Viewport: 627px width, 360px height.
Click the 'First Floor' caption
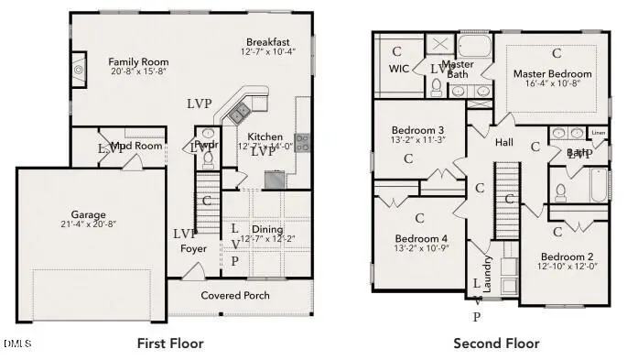click(170, 344)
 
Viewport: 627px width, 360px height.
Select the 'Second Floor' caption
click(496, 344)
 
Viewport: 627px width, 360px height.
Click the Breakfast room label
click(267, 42)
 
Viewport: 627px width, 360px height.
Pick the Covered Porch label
click(236, 295)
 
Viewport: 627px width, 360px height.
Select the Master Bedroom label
click(552, 73)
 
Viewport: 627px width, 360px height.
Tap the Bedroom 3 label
click(417, 130)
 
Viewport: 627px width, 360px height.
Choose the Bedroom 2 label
click(567, 256)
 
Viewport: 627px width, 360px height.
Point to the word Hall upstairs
click(504, 143)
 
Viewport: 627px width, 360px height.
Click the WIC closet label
click(397, 69)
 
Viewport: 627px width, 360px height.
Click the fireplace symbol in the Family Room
click(79, 69)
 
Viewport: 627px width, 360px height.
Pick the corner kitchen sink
click(240, 113)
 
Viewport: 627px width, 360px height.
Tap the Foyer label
click(193, 248)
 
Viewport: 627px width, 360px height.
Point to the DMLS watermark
click(17, 344)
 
